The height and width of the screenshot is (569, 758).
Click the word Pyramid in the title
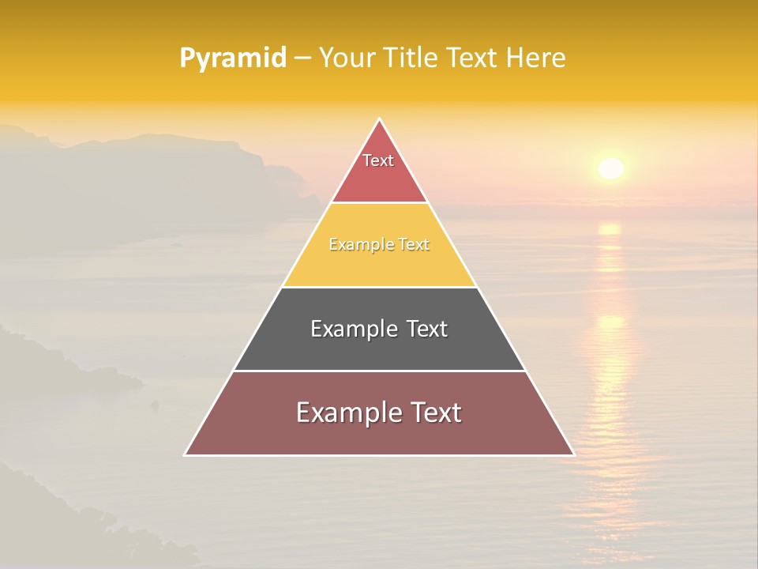233,58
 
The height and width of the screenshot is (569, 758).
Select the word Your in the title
345,58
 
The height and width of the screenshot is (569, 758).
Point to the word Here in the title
535,58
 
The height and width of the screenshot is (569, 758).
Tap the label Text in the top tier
378,160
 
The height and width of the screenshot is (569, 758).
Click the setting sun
610,168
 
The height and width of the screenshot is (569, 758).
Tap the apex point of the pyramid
380,119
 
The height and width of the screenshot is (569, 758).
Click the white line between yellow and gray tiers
379,287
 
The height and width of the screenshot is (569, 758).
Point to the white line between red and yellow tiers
379,203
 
